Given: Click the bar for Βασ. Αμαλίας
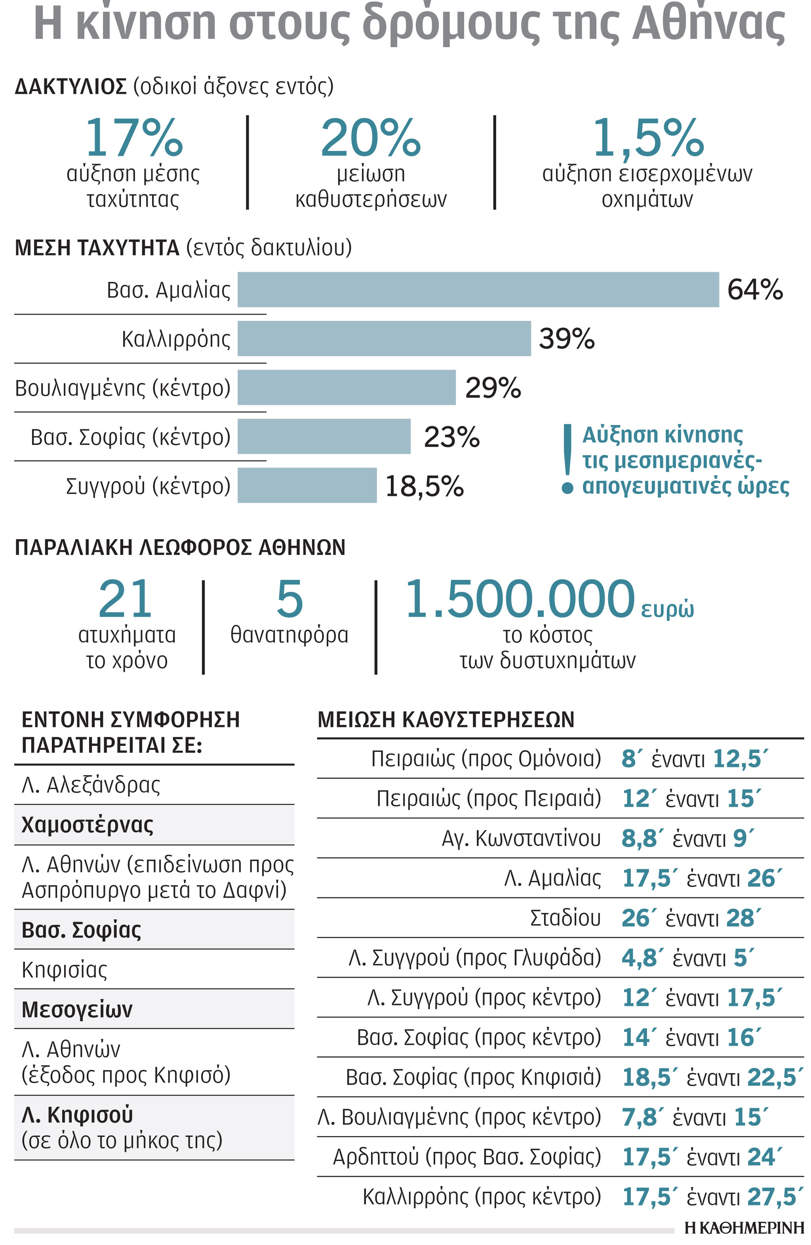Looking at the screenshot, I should tap(478, 289).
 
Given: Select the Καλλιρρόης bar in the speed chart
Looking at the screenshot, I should tap(384, 338).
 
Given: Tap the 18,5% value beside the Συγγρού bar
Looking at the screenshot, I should tap(424, 486).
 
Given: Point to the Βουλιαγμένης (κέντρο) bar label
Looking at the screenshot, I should tap(123, 388).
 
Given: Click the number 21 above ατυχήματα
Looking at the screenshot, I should tap(126, 599).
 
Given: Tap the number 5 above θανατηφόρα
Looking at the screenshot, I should tap(289, 599).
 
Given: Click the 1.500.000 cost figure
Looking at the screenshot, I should tap(520, 599).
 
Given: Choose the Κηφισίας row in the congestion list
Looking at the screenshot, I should tap(64, 969).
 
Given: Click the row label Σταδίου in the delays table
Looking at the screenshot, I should tap(565, 917).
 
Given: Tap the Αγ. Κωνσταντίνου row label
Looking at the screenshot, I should tap(521, 838).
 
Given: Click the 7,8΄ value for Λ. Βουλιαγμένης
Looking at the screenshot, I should tap(639, 1117).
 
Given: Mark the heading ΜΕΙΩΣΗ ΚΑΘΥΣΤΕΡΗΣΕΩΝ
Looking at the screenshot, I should tap(446, 719).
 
